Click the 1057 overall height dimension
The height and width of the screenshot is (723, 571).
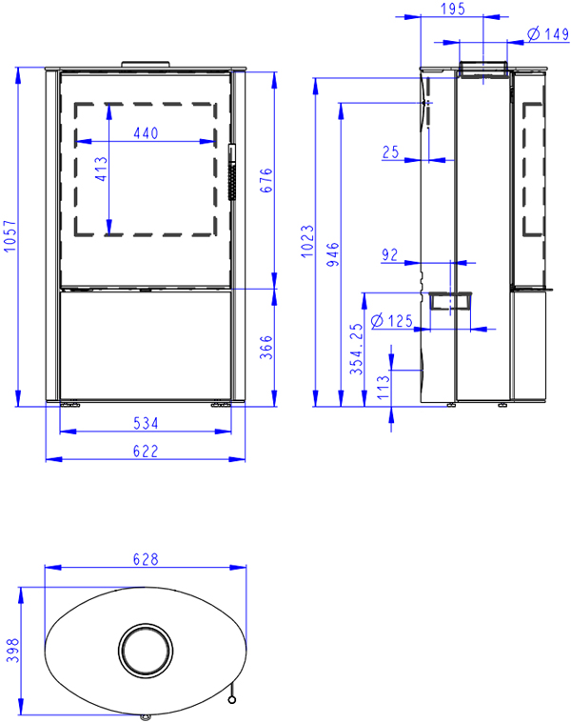(10, 236)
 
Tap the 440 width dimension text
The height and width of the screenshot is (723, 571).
(146, 133)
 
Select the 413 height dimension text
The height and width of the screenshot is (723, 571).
(101, 169)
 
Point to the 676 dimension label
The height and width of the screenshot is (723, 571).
(266, 180)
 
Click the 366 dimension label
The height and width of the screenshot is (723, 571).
(266, 347)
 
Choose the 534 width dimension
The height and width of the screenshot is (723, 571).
(146, 423)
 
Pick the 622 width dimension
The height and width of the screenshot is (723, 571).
(146, 451)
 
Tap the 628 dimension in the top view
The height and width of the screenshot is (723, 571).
(146, 559)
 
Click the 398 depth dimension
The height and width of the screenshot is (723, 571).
(13, 651)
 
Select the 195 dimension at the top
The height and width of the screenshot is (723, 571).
(453, 9)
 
